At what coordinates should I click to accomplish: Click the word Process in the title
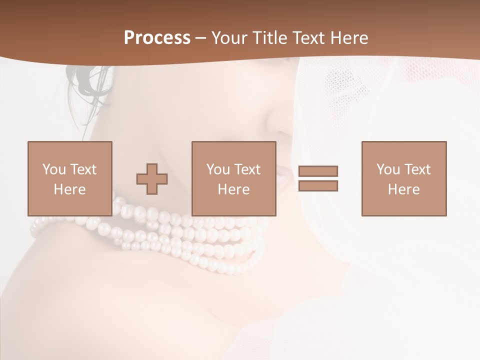point(157,38)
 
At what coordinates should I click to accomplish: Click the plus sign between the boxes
point(152,179)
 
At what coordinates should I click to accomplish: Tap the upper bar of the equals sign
point(318,171)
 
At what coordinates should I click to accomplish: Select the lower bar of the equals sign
point(318,186)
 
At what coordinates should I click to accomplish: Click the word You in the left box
point(53,169)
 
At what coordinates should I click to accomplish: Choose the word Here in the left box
point(69,189)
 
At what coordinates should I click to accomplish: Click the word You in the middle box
point(218,169)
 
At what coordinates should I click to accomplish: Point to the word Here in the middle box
point(233,189)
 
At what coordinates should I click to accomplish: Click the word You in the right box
point(388,169)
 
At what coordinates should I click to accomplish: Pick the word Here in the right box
point(403,189)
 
